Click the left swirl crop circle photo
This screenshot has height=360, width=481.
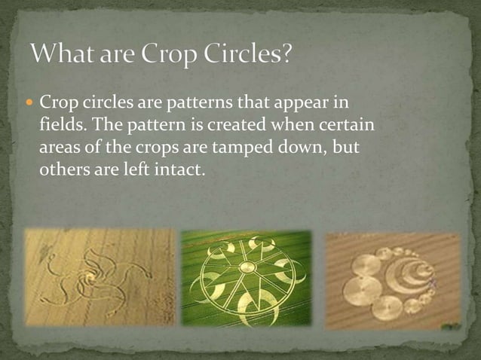tap(99, 277)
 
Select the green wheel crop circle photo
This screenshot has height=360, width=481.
tap(246, 277)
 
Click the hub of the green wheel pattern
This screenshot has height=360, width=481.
tap(247, 267)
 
